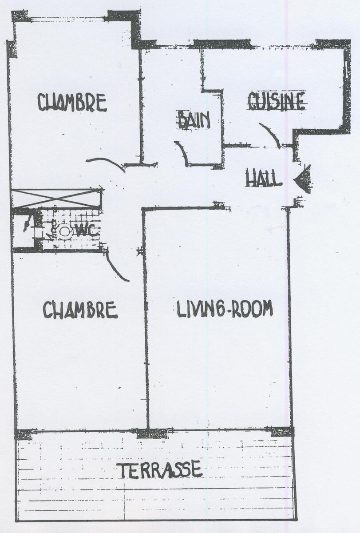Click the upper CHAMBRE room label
pos(72,103)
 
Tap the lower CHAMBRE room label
pos(80,310)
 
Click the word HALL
pos(264,177)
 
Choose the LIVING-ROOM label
pos(225,309)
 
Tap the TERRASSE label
pos(161,469)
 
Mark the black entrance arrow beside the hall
pos(303,179)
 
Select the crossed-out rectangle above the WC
pos(56,198)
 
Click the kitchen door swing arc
pos(271,135)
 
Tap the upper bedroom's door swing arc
pos(107,163)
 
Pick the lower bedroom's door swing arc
pos(116,265)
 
